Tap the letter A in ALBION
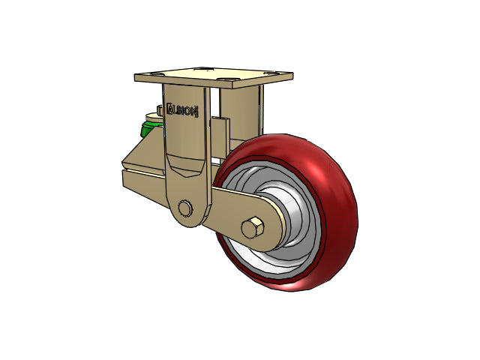[170, 109]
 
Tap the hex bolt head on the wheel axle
[252, 228]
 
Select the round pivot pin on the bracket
[185, 208]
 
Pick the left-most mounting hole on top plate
[157, 74]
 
